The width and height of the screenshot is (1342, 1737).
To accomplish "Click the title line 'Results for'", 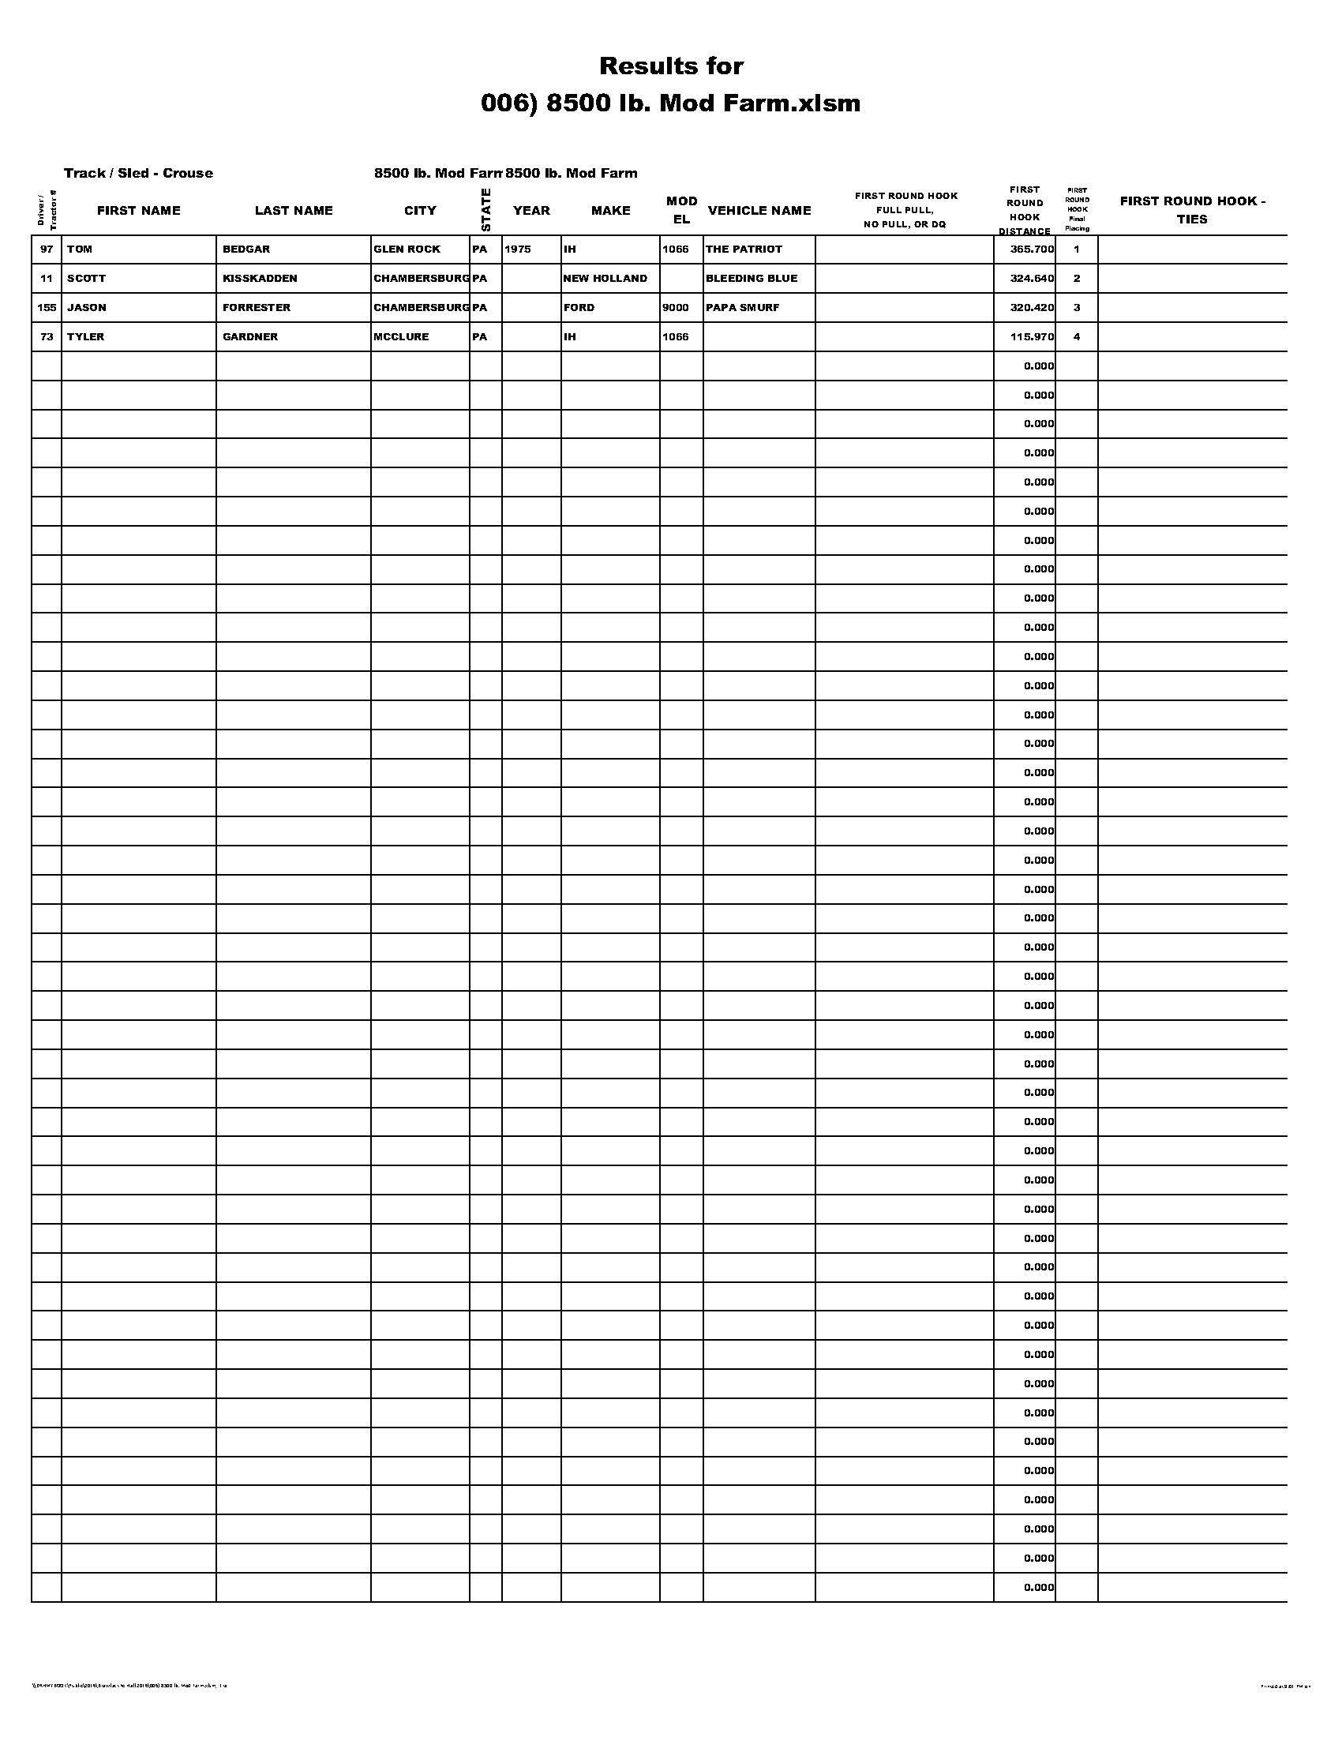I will (x=671, y=66).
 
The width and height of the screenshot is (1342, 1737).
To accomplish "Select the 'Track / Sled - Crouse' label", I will (x=138, y=174).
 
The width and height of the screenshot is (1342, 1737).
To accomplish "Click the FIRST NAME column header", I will (x=138, y=211).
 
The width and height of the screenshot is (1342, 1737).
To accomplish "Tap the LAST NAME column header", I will (x=294, y=211).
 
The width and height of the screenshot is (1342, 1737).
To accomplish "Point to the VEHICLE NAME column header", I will (x=759, y=211).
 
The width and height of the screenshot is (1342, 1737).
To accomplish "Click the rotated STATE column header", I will (x=485, y=210).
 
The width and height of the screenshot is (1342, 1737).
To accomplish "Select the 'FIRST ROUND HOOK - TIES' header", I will (x=1192, y=210).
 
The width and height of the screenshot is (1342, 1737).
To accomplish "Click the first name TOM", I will (x=80, y=249).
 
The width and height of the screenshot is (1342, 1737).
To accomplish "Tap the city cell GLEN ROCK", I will (x=407, y=249).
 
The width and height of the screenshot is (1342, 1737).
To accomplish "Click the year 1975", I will (x=518, y=249).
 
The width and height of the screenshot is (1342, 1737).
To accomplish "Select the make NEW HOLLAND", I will (x=605, y=279).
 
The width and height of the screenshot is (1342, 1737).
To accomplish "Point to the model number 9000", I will (x=676, y=308).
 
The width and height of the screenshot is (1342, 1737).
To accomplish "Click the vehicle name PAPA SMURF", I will (x=743, y=308).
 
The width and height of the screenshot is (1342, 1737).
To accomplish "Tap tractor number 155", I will (x=47, y=308).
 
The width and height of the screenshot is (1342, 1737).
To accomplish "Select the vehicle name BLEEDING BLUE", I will (x=752, y=279).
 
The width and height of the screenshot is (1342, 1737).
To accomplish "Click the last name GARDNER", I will (x=250, y=337).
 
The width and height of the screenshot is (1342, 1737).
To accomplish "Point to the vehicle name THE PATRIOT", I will (x=744, y=249).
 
